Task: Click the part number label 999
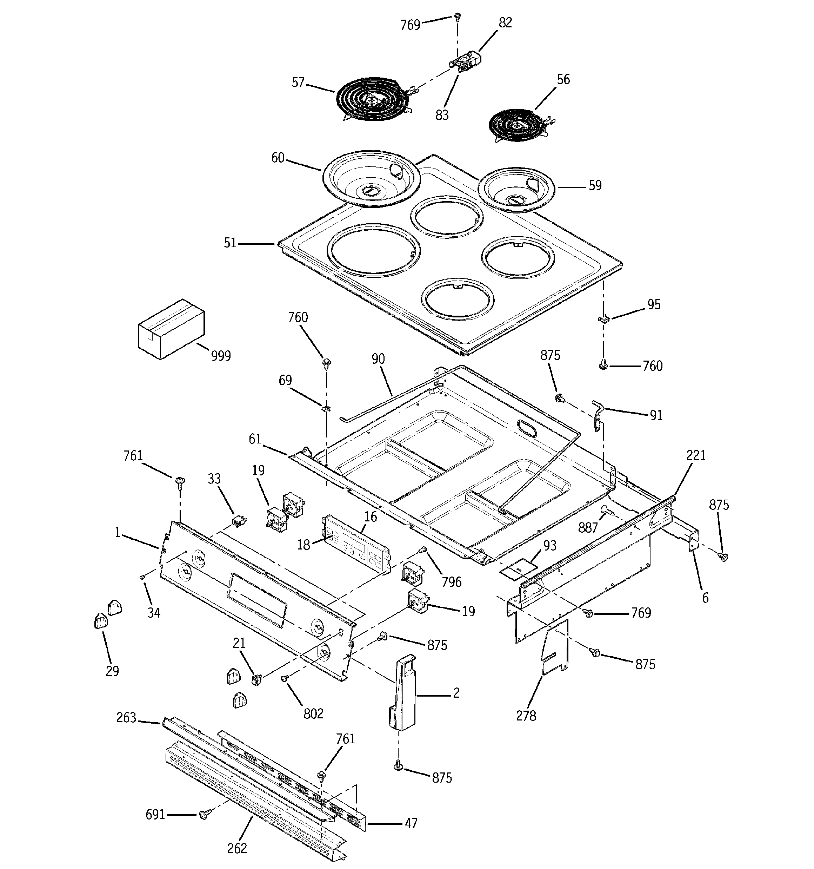tap(221, 356)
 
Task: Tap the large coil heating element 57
tap(372, 98)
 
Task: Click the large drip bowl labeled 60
tap(372, 177)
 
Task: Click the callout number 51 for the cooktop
tap(230, 243)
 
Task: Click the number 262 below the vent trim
tap(237, 848)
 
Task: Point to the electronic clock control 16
tap(356, 544)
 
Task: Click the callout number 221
tap(696, 455)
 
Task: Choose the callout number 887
tap(588, 528)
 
